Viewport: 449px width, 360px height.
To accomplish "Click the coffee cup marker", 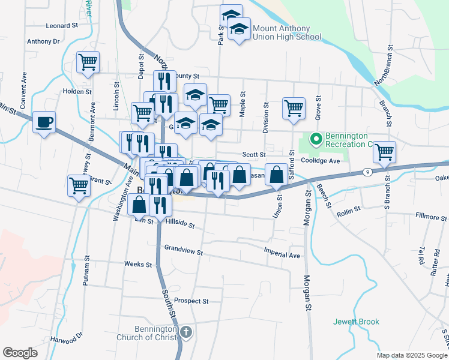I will point(44,123).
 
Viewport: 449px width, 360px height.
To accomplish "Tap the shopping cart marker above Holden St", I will point(88,62).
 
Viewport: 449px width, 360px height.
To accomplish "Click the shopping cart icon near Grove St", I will point(294,109).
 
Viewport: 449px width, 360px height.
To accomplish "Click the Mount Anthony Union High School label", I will point(287,32).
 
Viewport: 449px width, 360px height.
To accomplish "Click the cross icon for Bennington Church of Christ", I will point(186,332).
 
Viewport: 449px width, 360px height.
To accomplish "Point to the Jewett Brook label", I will point(357,322).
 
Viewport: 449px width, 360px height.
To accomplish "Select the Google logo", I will point(20,353).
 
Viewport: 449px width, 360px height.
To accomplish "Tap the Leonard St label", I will point(62,26).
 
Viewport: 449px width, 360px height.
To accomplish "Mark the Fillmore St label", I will point(432,215).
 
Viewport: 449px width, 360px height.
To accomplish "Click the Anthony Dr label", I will point(43,42).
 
